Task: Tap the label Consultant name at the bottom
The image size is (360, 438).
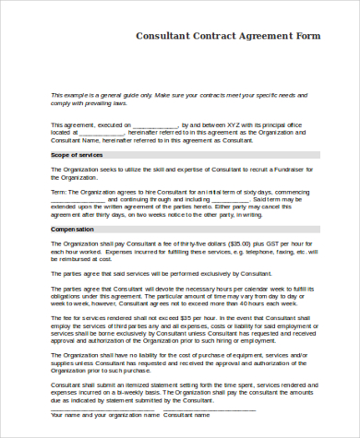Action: coord(188,415)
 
